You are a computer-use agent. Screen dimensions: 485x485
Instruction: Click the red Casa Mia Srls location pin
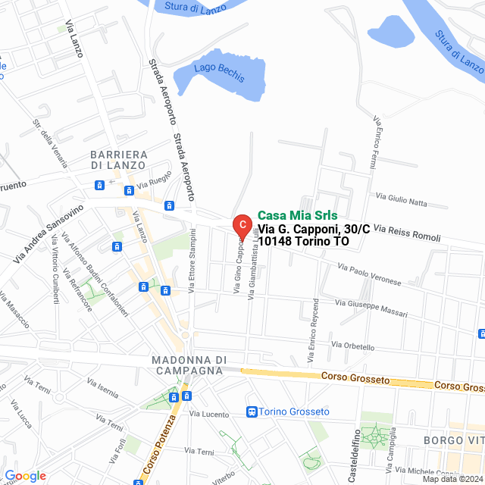[241, 226]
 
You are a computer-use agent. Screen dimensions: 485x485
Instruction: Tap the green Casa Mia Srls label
[298, 215]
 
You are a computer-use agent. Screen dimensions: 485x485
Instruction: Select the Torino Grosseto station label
[293, 411]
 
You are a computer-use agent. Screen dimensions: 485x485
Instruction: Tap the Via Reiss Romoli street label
[407, 233]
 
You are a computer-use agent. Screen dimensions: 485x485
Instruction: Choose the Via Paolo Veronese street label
[369, 274]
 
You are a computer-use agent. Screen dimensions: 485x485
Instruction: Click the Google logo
[25, 476]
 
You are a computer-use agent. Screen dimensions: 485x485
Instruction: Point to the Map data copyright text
[452, 479]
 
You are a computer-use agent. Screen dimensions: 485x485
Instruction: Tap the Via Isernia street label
[102, 389]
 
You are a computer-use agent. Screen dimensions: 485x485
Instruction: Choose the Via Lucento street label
[208, 414]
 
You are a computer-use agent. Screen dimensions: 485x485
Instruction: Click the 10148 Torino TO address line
[304, 242]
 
